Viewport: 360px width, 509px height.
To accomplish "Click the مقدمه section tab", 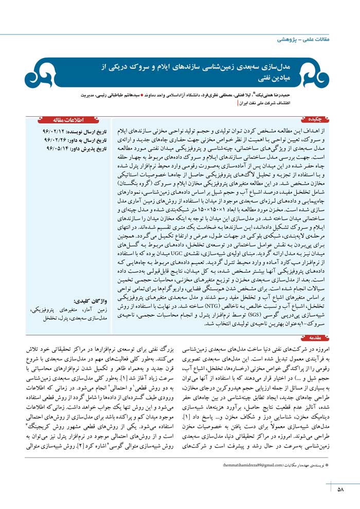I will (319, 325).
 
